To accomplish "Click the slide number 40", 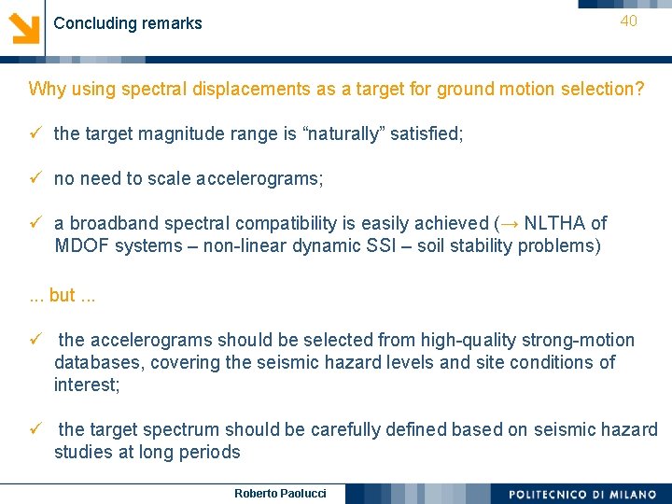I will pos(628,21).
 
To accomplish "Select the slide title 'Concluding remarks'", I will pos(128,23).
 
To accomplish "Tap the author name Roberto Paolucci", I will pos(280,493).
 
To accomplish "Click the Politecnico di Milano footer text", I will pos(582,494).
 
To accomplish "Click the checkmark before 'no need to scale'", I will pos(35,178).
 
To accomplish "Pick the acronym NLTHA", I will pos(556,223).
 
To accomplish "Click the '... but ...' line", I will pos(63,295).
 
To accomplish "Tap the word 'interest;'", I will pos(87,385).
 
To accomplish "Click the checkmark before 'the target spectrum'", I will pos(35,429).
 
